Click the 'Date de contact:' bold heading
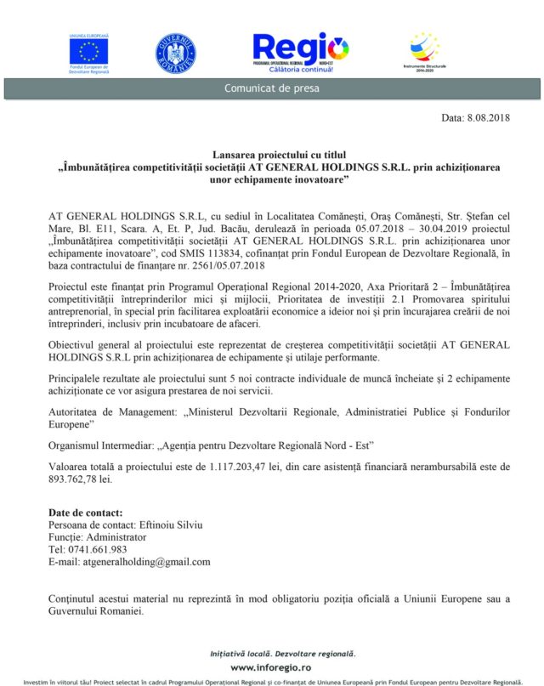(x=86, y=513)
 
